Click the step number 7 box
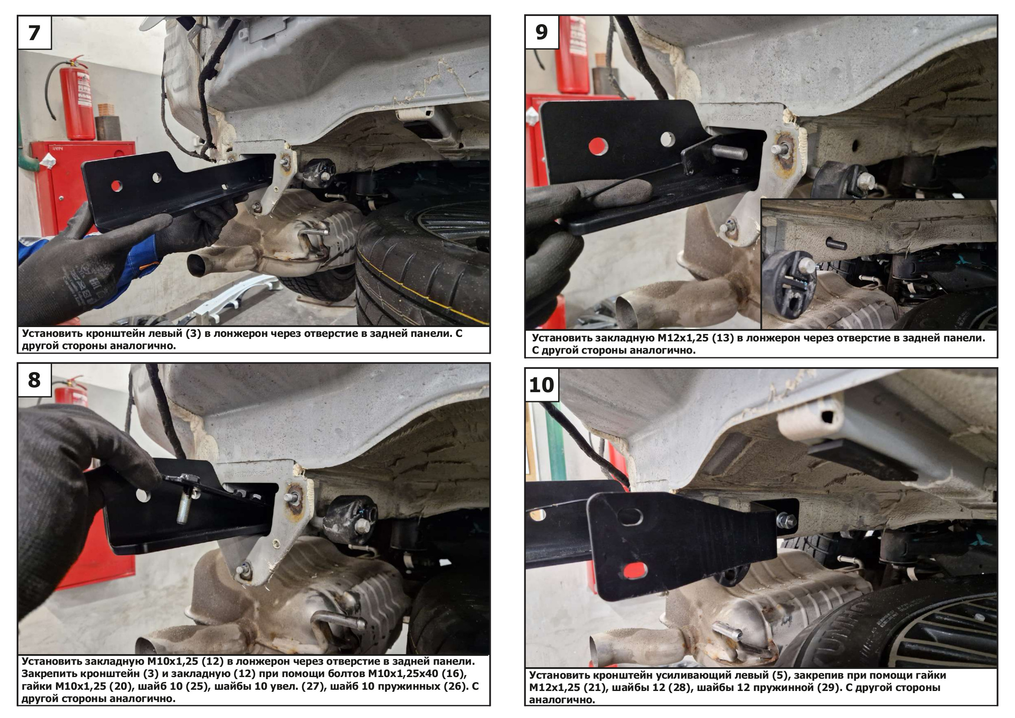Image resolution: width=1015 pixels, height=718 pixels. (34, 33)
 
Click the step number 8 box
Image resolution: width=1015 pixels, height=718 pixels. (34, 380)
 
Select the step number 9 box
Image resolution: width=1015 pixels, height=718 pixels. (541, 32)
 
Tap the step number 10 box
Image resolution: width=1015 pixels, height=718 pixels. (541, 385)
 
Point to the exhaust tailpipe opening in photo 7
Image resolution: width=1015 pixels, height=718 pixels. (196, 265)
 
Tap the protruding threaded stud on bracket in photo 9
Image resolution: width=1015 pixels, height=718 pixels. (730, 153)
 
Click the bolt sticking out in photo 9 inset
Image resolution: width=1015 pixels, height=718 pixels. (836, 244)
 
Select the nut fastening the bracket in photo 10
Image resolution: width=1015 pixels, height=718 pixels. (786, 521)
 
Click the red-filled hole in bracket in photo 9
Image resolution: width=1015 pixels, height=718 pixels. (598, 147)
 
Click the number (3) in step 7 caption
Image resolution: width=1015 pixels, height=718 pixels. (193, 334)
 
